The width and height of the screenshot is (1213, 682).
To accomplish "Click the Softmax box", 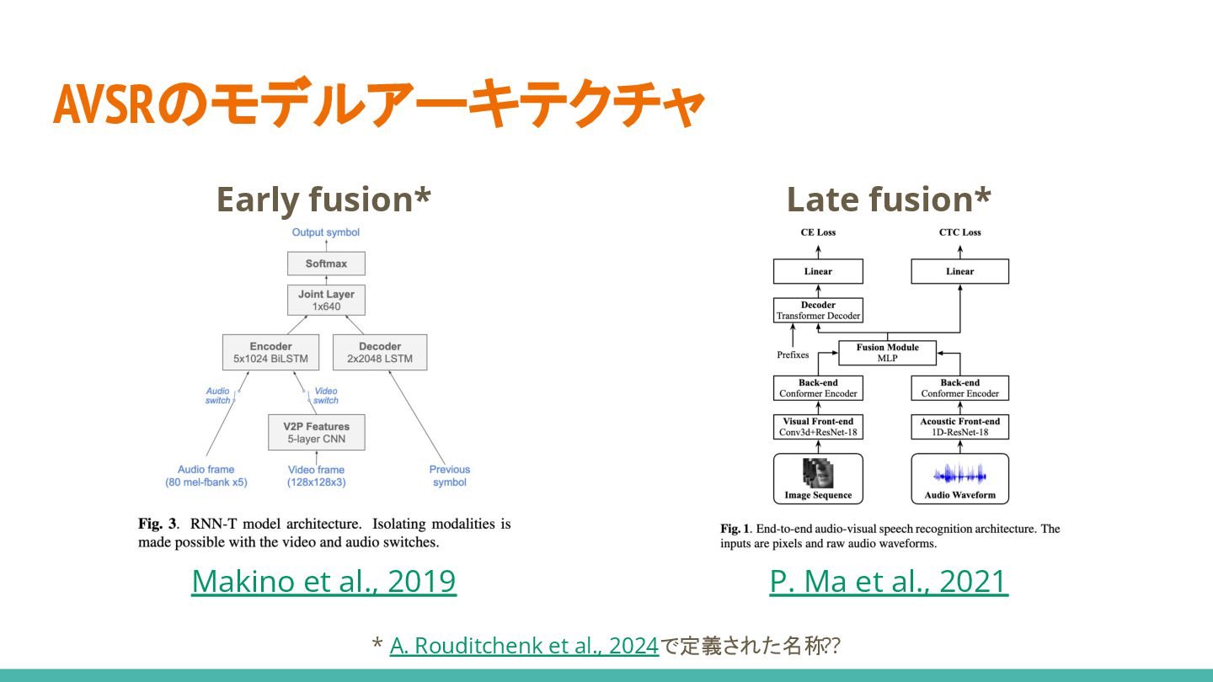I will [x=326, y=264].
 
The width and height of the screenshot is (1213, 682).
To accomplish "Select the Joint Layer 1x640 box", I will [x=326, y=301].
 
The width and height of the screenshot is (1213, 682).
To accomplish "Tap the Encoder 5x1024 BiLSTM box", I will [x=271, y=352].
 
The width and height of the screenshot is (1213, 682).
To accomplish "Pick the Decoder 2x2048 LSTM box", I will [x=380, y=352].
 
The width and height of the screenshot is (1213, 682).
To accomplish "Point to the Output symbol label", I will [x=326, y=232].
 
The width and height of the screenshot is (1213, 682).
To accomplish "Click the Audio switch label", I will [x=217, y=396].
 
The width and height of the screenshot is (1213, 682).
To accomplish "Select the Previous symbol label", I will [x=450, y=476].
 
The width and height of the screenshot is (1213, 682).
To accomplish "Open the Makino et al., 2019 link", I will [x=323, y=581].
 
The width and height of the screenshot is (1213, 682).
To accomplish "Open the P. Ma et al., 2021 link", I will [x=889, y=581].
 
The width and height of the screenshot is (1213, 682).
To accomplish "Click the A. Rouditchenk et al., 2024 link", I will [x=524, y=646].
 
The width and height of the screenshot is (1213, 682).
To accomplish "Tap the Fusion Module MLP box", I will [x=888, y=352].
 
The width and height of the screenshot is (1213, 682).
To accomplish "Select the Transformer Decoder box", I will [x=818, y=311].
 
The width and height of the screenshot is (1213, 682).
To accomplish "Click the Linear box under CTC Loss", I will [x=959, y=271].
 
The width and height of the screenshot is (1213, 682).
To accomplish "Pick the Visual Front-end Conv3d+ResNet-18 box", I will [x=818, y=427].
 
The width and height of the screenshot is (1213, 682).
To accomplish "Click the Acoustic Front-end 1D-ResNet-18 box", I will [x=959, y=427].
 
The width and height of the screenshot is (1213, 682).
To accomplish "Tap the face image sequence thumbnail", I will [x=816, y=472].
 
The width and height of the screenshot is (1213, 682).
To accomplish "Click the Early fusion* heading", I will [x=323, y=200].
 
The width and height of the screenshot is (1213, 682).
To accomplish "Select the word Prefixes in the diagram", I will [x=793, y=355].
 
